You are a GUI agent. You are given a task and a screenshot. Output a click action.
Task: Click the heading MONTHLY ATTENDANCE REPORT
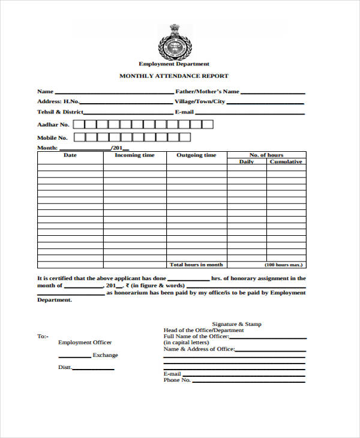point(174,76)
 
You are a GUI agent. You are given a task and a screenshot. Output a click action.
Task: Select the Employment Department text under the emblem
point(174,64)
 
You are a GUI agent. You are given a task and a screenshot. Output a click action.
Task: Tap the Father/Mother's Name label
point(207,92)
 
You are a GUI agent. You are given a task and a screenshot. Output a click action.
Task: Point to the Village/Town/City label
point(200,102)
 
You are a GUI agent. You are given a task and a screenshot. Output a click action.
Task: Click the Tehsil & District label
point(60,112)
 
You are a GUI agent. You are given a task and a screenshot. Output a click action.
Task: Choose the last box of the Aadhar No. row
point(208,125)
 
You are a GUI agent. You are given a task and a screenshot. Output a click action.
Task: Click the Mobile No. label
point(52,138)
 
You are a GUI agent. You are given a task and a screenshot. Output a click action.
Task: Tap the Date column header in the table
point(70,155)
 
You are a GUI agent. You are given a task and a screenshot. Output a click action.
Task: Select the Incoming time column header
point(134,155)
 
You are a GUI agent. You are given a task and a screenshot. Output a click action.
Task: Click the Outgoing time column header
point(196,155)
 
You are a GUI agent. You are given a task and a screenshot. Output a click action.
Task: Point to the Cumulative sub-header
point(286,162)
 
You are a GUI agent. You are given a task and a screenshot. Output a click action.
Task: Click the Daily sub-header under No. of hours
point(247,162)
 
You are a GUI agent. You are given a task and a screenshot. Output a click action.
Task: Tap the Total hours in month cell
point(196,265)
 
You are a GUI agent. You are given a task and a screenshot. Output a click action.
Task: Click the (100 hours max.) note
point(284,265)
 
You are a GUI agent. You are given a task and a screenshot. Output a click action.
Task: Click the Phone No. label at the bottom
point(177,380)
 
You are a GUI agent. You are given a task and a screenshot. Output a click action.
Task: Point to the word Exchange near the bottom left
point(105,355)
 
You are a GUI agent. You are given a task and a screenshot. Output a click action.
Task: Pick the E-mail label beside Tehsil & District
point(184,112)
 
